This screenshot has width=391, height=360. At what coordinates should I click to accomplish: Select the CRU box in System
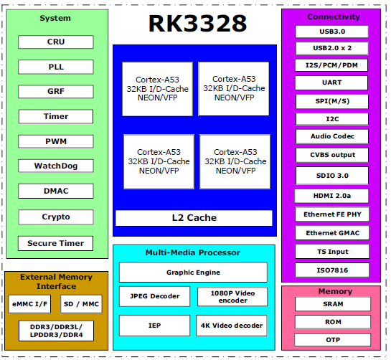[x=55, y=42]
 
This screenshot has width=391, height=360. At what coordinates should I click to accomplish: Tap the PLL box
[x=55, y=67]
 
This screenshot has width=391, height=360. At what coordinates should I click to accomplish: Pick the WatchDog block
[x=55, y=166]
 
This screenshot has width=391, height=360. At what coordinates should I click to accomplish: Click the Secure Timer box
[x=55, y=243]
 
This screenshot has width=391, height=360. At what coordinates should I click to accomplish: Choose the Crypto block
[x=55, y=217]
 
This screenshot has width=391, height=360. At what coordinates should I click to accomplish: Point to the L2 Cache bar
[x=194, y=217]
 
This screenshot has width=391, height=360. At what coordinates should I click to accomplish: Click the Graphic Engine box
[x=193, y=273]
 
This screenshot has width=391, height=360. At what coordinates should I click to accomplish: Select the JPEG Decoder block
[x=154, y=296]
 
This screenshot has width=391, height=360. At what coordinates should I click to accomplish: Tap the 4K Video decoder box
[x=232, y=325]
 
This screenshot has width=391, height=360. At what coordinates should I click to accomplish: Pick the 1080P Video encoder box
[x=232, y=296]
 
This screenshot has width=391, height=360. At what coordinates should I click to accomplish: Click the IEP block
[x=154, y=325]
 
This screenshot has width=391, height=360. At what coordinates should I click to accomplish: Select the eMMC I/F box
[x=29, y=304]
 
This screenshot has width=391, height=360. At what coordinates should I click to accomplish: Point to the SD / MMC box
[x=81, y=304]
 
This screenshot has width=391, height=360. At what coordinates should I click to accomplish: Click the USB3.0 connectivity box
[x=331, y=32]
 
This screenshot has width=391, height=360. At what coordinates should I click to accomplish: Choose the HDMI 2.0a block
[x=331, y=196]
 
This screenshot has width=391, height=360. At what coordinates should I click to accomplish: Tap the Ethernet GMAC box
[x=331, y=233]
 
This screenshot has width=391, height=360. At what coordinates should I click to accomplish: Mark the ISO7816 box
[x=331, y=271]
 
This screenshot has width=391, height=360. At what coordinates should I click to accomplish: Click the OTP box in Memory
[x=331, y=340]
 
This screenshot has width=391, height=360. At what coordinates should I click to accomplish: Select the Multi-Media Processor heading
[x=193, y=252]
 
